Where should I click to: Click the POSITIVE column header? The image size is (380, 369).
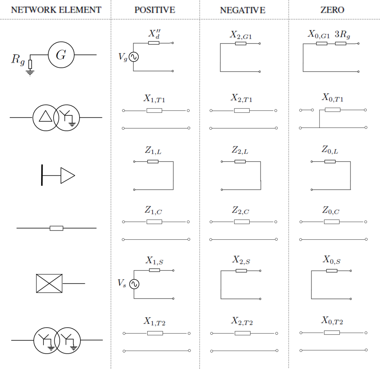click(155, 10)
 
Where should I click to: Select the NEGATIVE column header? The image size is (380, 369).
click(243, 10)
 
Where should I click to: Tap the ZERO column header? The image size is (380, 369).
click(332, 10)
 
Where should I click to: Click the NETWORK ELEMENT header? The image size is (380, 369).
click(56, 10)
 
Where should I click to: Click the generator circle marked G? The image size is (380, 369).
click(61, 55)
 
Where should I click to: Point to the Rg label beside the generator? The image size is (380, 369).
click(18, 59)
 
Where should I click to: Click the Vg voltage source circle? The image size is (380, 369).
click(133, 57)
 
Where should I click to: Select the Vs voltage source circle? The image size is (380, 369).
click(134, 284)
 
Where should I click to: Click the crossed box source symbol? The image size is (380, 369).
click(49, 283)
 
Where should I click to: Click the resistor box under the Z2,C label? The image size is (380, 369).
click(242, 222)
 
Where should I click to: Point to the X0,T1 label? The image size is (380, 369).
click(332, 98)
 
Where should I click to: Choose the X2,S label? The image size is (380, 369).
click(241, 260)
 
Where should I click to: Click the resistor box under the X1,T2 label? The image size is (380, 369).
click(155, 333)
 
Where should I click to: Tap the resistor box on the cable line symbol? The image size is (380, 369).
click(56, 228)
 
